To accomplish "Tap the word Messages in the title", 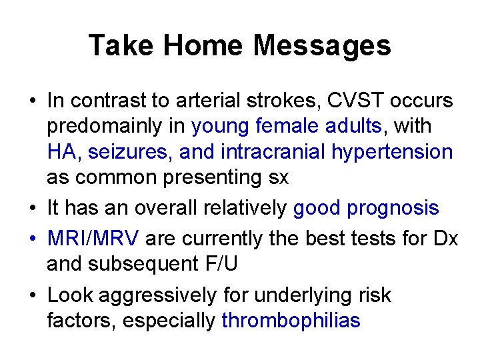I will (322, 46).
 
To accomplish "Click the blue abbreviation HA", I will (61, 151).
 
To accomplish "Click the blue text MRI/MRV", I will (93, 238).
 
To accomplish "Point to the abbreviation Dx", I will (445, 238).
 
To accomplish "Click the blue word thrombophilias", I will (291, 320).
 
